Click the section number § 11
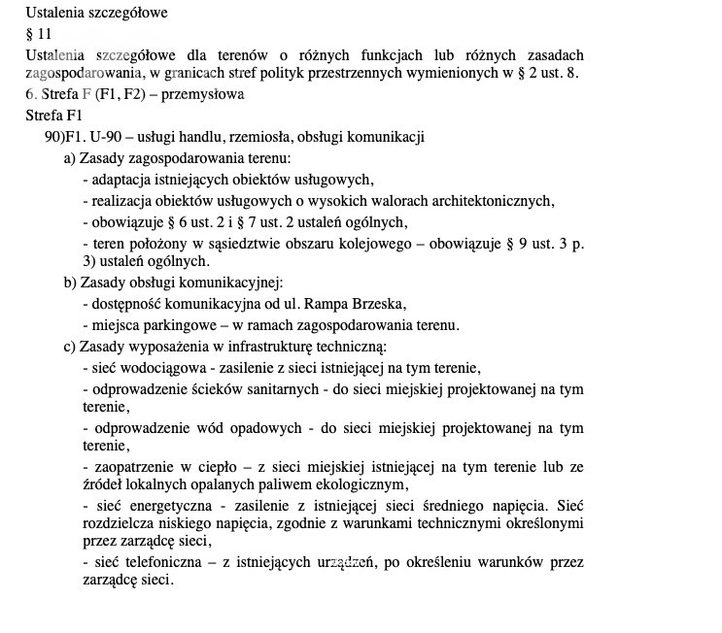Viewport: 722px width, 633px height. [39, 34]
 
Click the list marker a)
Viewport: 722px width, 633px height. [70, 158]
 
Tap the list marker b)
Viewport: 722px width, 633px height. [70, 283]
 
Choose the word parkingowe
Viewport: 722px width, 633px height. [176, 325]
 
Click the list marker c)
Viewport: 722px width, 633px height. [70, 346]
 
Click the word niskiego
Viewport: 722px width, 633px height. [196, 523]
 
